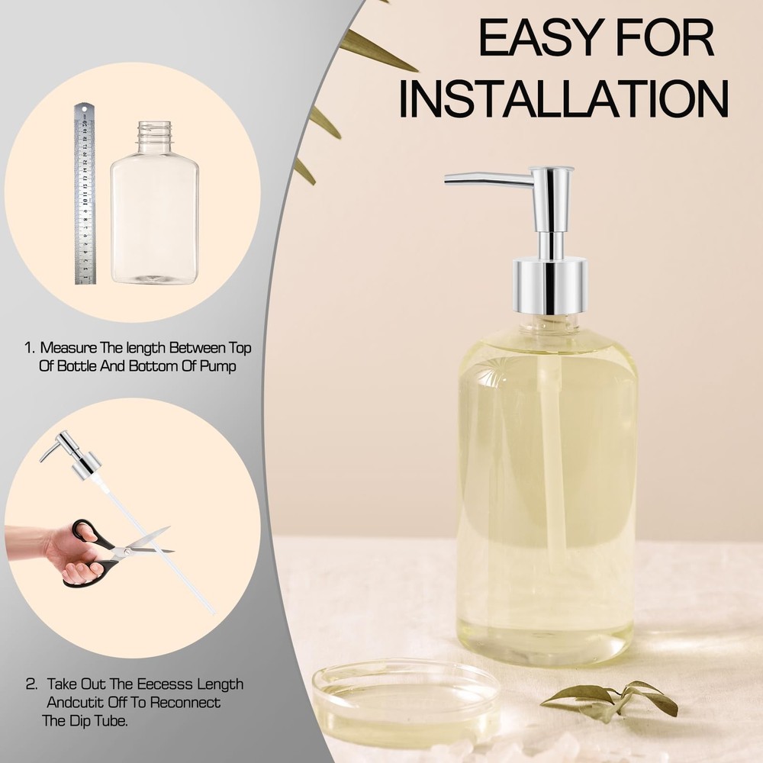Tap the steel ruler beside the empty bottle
85,194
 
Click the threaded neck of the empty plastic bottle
154,135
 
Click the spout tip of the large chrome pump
450,179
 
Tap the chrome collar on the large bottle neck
549,285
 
